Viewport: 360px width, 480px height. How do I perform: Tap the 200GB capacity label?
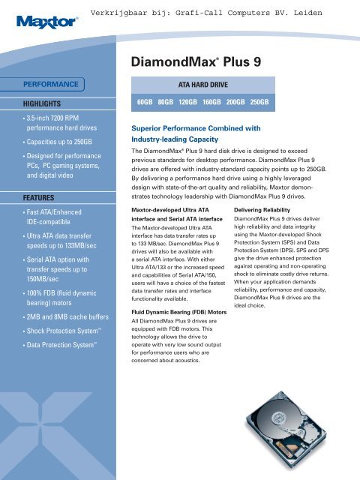point(237,101)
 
